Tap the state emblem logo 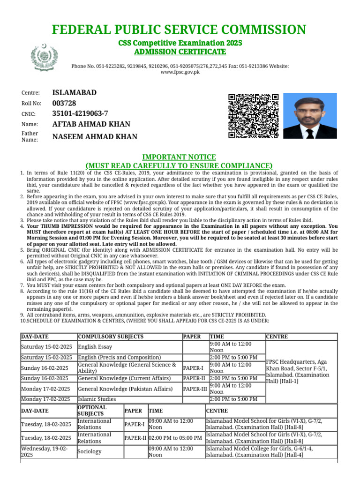[44, 57]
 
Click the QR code [253, 116]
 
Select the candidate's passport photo [310, 116]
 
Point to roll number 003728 [64, 103]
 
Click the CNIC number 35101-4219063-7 [80, 113]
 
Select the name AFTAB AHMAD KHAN [91, 124]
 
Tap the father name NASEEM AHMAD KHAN [95, 137]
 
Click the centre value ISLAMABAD [75, 92]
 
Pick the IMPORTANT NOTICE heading [179, 157]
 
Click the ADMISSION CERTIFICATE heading [180, 51]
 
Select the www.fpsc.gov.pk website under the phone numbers [180, 72]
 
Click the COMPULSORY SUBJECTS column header [111, 337]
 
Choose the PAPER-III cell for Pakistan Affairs [194, 389]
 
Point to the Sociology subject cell [90, 451]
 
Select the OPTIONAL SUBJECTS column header [89, 411]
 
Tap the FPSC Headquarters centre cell [300, 371]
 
